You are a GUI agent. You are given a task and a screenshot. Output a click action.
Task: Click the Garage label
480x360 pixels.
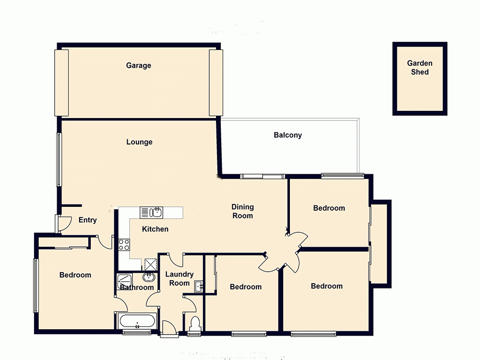click(x=138, y=65)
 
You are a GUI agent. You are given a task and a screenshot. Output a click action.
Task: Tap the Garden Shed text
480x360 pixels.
click(x=420, y=68)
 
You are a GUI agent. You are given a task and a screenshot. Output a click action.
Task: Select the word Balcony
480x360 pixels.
click(x=288, y=135)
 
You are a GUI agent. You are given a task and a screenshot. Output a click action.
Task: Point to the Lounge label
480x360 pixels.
click(x=139, y=142)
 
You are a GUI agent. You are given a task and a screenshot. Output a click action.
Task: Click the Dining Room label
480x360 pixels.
click(x=242, y=211)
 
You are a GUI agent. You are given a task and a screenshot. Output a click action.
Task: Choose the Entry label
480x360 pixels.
click(x=87, y=220)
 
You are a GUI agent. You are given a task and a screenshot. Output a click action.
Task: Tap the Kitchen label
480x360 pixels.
click(x=155, y=229)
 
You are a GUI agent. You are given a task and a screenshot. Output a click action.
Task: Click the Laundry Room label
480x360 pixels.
click(x=180, y=279)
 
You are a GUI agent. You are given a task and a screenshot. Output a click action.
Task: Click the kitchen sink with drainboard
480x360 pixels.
click(x=152, y=212)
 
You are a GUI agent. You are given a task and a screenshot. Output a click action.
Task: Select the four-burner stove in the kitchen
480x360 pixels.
click(x=124, y=244)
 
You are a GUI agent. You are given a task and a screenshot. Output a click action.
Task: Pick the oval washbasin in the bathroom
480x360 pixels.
click(x=148, y=277)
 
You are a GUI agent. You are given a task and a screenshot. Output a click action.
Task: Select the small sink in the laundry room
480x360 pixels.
click(x=199, y=287)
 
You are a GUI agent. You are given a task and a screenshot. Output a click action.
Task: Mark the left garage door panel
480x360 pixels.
click(x=61, y=83)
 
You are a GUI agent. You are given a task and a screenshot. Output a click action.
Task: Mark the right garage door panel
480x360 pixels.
click(x=216, y=83)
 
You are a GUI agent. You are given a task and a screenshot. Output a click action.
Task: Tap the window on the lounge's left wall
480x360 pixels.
click(x=59, y=159)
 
